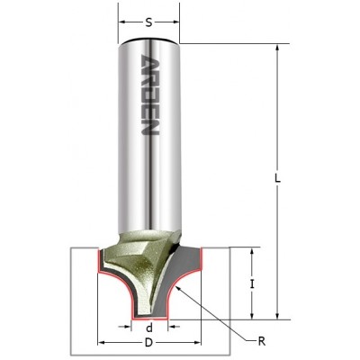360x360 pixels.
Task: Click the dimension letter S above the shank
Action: (149, 22)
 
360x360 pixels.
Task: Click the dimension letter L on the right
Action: (278, 179)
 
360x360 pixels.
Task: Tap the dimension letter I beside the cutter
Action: (252, 283)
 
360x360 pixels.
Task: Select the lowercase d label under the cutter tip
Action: (149, 328)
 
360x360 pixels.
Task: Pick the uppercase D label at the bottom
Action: (148, 343)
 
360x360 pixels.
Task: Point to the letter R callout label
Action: (262, 341)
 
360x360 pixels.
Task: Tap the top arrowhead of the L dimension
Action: (278, 48)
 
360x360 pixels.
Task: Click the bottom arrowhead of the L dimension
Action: (278, 316)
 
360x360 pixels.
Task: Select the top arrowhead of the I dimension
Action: (252, 251)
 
